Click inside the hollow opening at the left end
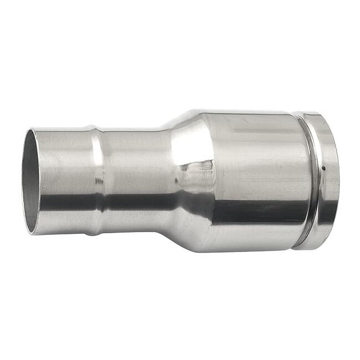coord(30,181)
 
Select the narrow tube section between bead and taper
coord(134,181)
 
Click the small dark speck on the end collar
coord(324,167)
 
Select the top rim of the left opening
coord(31,131)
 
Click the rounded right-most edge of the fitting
coord(338,181)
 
